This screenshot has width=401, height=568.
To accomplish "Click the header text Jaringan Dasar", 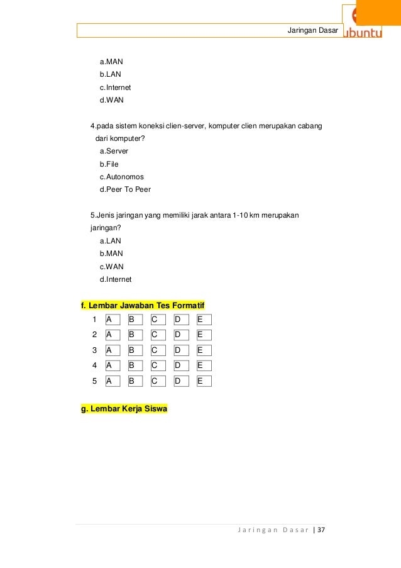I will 312,31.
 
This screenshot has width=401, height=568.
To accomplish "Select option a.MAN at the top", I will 111,62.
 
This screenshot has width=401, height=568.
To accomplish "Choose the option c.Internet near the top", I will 115,87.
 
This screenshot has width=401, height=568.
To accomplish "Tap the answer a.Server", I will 114,151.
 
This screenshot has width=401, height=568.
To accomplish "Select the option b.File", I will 109,164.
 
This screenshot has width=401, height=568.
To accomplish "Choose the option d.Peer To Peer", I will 125,189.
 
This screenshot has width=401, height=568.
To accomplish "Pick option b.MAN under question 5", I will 111,253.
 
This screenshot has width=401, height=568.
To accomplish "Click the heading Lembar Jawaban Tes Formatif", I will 147,306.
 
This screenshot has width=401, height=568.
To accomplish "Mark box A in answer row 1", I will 112,320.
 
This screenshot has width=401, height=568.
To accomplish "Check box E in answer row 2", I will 204,335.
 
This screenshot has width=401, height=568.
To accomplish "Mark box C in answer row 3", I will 158,350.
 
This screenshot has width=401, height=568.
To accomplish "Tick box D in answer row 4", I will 181,365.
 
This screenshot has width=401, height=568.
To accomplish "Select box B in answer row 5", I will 135,381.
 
